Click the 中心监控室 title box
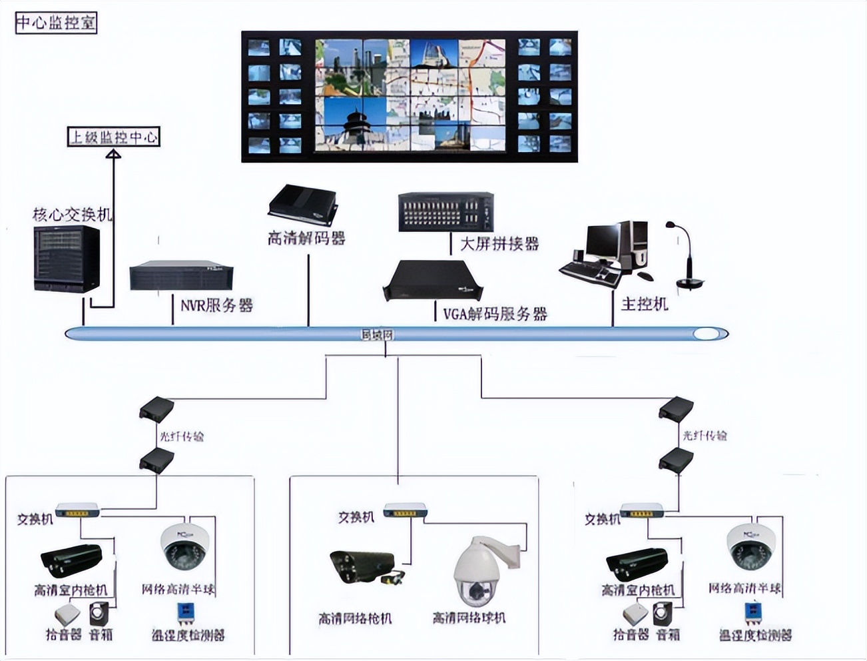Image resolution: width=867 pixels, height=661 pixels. pyautogui.click(x=56, y=23)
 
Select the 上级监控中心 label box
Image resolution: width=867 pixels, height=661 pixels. pyautogui.click(x=114, y=137)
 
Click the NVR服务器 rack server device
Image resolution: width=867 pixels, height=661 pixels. pyautogui.click(x=181, y=275)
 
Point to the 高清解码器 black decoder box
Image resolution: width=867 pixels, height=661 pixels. pyautogui.click(x=303, y=205)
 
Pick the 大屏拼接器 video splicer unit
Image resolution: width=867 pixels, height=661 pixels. pyautogui.click(x=446, y=212)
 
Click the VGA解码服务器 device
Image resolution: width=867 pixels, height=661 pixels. pyautogui.click(x=433, y=281)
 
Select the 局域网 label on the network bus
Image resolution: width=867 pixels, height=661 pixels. pyautogui.click(x=377, y=334)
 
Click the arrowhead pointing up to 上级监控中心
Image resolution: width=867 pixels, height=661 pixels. pyautogui.click(x=114, y=154)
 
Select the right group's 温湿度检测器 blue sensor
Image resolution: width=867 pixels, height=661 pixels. pyautogui.click(x=753, y=612)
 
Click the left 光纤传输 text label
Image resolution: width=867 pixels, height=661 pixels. pyautogui.click(x=181, y=436)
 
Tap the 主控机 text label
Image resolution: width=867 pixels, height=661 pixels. pyautogui.click(x=644, y=305)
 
